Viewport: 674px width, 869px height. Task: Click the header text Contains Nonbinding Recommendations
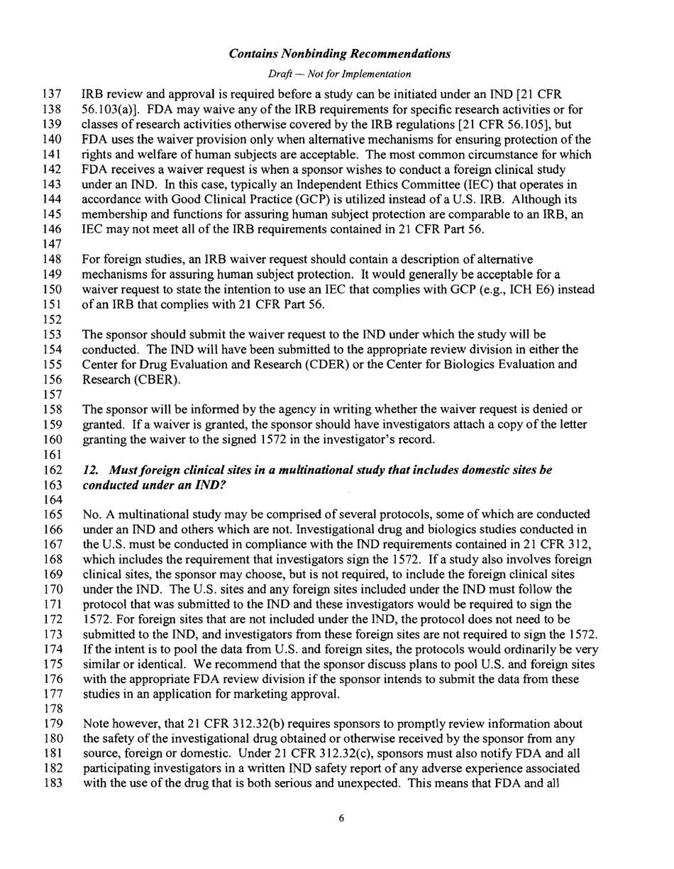tap(340, 54)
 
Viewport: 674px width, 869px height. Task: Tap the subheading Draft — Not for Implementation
tap(340, 74)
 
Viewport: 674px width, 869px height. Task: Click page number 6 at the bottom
tap(341, 838)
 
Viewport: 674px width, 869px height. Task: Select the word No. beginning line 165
tap(92, 513)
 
